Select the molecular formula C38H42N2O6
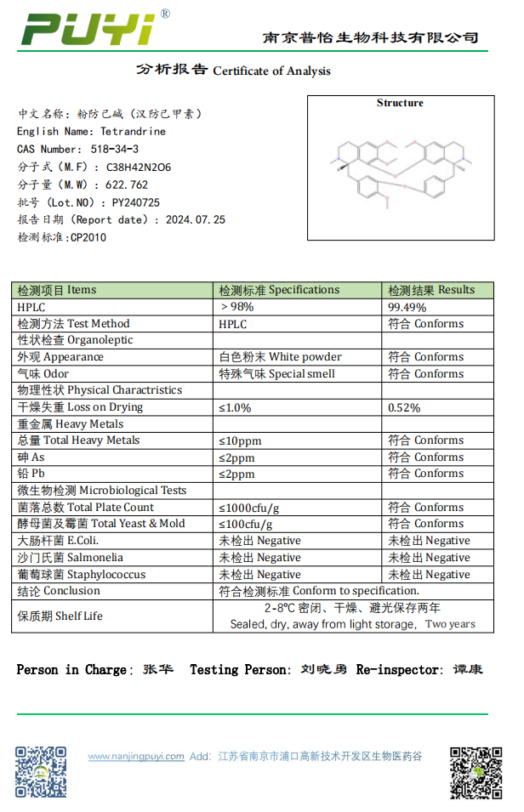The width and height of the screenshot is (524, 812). tap(138, 168)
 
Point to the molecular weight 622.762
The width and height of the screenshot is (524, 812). tap(127, 185)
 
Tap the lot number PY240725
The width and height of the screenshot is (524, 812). tap(135, 202)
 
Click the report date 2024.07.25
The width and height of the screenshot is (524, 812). tap(196, 219)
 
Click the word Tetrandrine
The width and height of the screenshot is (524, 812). tap(133, 132)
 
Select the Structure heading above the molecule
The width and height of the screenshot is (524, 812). tap(400, 103)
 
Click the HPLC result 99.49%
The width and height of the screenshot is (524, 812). tap(407, 307)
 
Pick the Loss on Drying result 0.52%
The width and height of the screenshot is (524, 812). tap(404, 407)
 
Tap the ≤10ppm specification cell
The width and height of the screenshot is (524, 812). tap(240, 440)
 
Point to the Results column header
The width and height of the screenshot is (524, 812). tap(431, 290)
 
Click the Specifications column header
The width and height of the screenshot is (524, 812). tap(279, 290)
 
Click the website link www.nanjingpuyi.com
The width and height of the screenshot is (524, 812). tap(136, 756)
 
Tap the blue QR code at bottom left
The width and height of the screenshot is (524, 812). tap(41, 771)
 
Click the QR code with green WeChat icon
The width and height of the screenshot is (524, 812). tap(476, 773)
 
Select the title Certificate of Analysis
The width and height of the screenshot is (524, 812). tap(271, 71)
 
